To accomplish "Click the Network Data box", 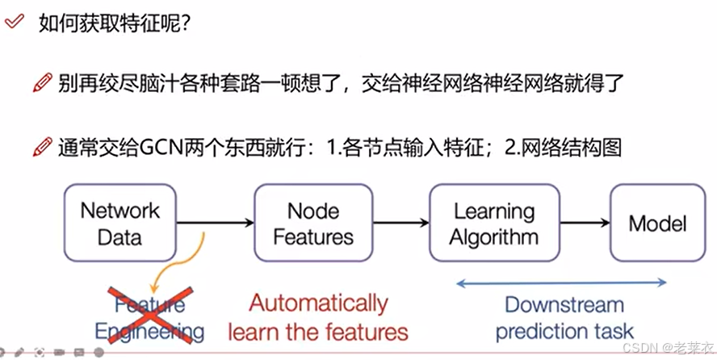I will (x=120, y=224).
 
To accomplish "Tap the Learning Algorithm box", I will (x=493, y=224).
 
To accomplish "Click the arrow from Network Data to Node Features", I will (x=216, y=223).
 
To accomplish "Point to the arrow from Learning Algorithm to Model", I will (x=585, y=223).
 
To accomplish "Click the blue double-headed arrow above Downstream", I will (x=562, y=283).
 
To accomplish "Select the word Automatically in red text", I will (x=318, y=303).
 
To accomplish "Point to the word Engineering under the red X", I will (x=149, y=331).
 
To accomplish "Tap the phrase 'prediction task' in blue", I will (x=564, y=331).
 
